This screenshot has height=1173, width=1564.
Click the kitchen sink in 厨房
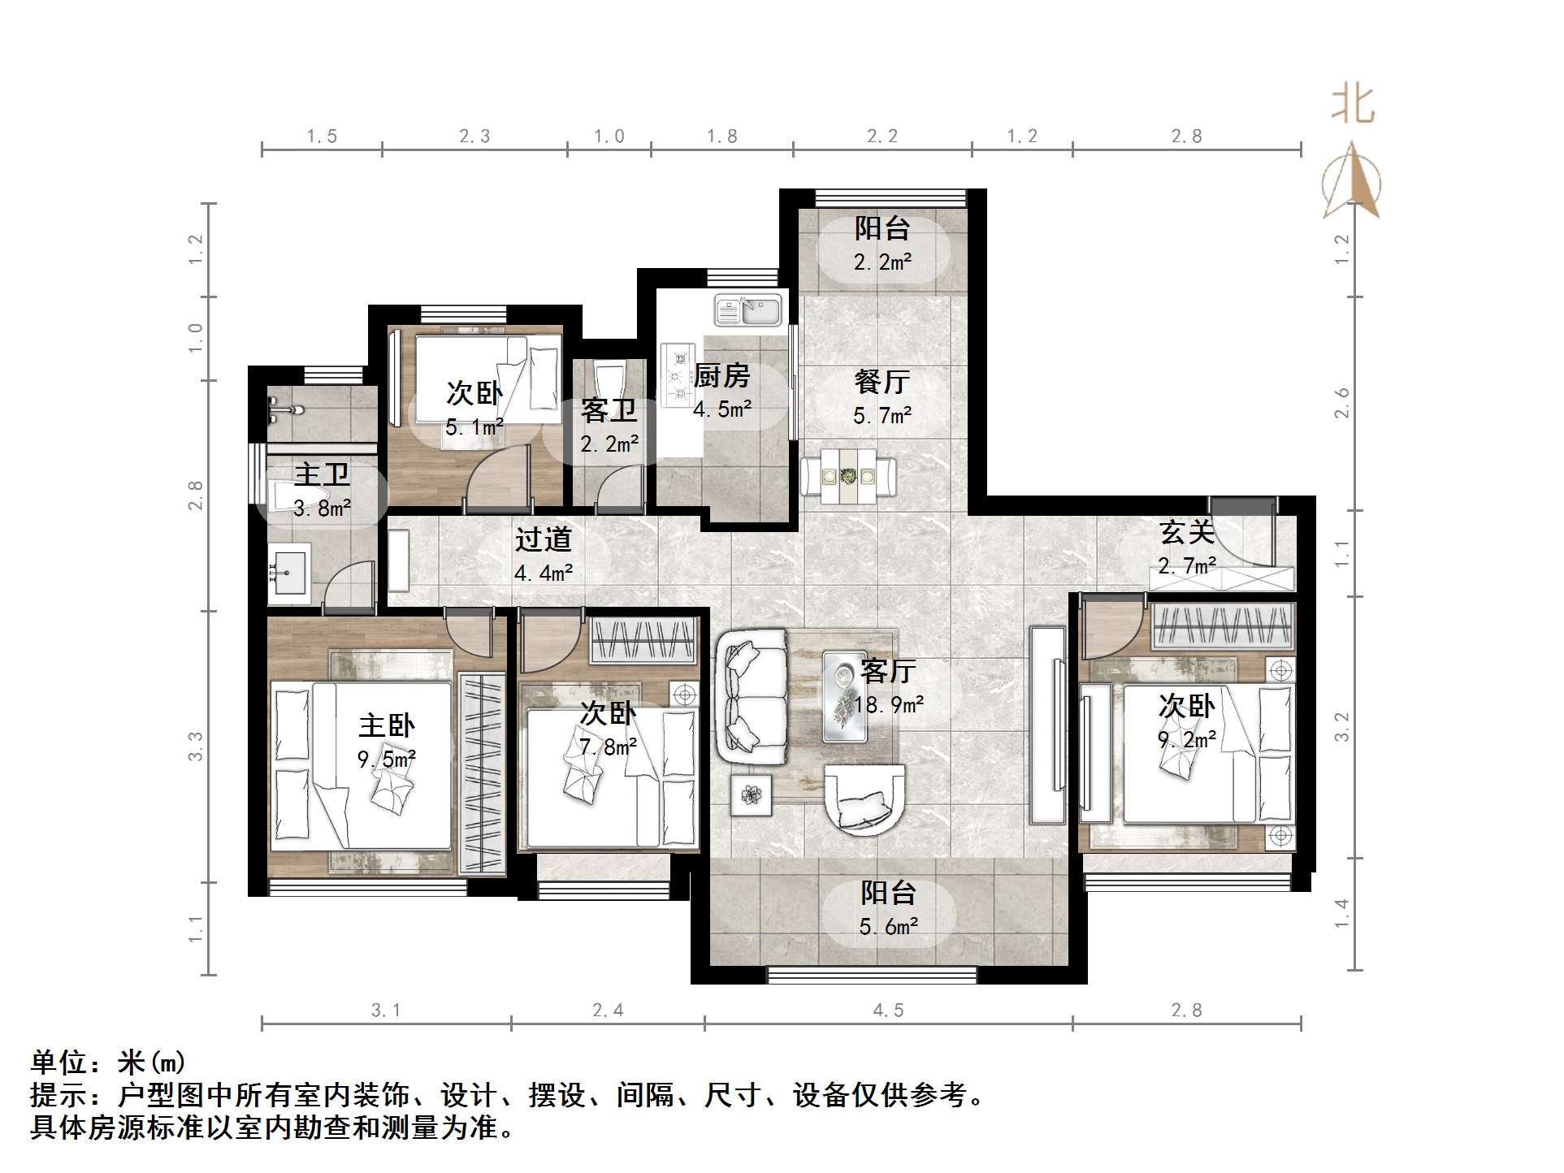[x=747, y=310]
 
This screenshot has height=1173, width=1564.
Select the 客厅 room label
[x=888, y=671]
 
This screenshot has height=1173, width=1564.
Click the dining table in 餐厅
[x=849, y=476]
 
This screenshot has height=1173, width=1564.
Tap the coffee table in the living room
[x=844, y=696]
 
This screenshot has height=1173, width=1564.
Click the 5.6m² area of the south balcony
[x=889, y=926]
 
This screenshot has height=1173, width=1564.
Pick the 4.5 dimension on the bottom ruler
[x=888, y=1010]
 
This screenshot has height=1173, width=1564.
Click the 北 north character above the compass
[x=1353, y=106]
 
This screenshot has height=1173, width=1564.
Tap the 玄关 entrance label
[x=1187, y=533]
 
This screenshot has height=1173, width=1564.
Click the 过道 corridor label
[x=544, y=539]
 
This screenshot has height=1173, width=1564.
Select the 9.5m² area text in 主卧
[x=386, y=760]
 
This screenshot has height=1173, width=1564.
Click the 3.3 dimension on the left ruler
[x=195, y=746]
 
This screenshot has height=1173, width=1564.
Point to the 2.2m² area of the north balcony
[x=882, y=262]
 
